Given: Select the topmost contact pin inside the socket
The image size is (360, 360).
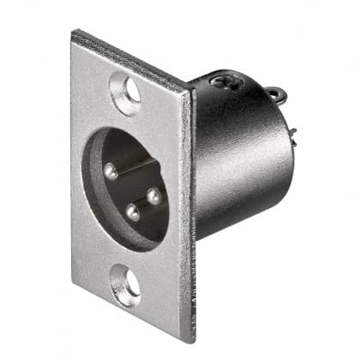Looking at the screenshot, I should tap(110, 171).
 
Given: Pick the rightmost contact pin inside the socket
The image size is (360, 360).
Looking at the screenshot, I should tap(153, 196).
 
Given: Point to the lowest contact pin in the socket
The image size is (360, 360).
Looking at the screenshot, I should tap(133, 212).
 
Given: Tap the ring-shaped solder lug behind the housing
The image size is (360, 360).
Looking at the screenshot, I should tap(273, 94).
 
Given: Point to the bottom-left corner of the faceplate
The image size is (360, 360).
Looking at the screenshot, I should tap(73, 303).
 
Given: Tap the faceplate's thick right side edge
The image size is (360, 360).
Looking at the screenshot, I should tap(189, 214).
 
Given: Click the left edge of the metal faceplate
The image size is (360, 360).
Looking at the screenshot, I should tap(74, 171).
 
